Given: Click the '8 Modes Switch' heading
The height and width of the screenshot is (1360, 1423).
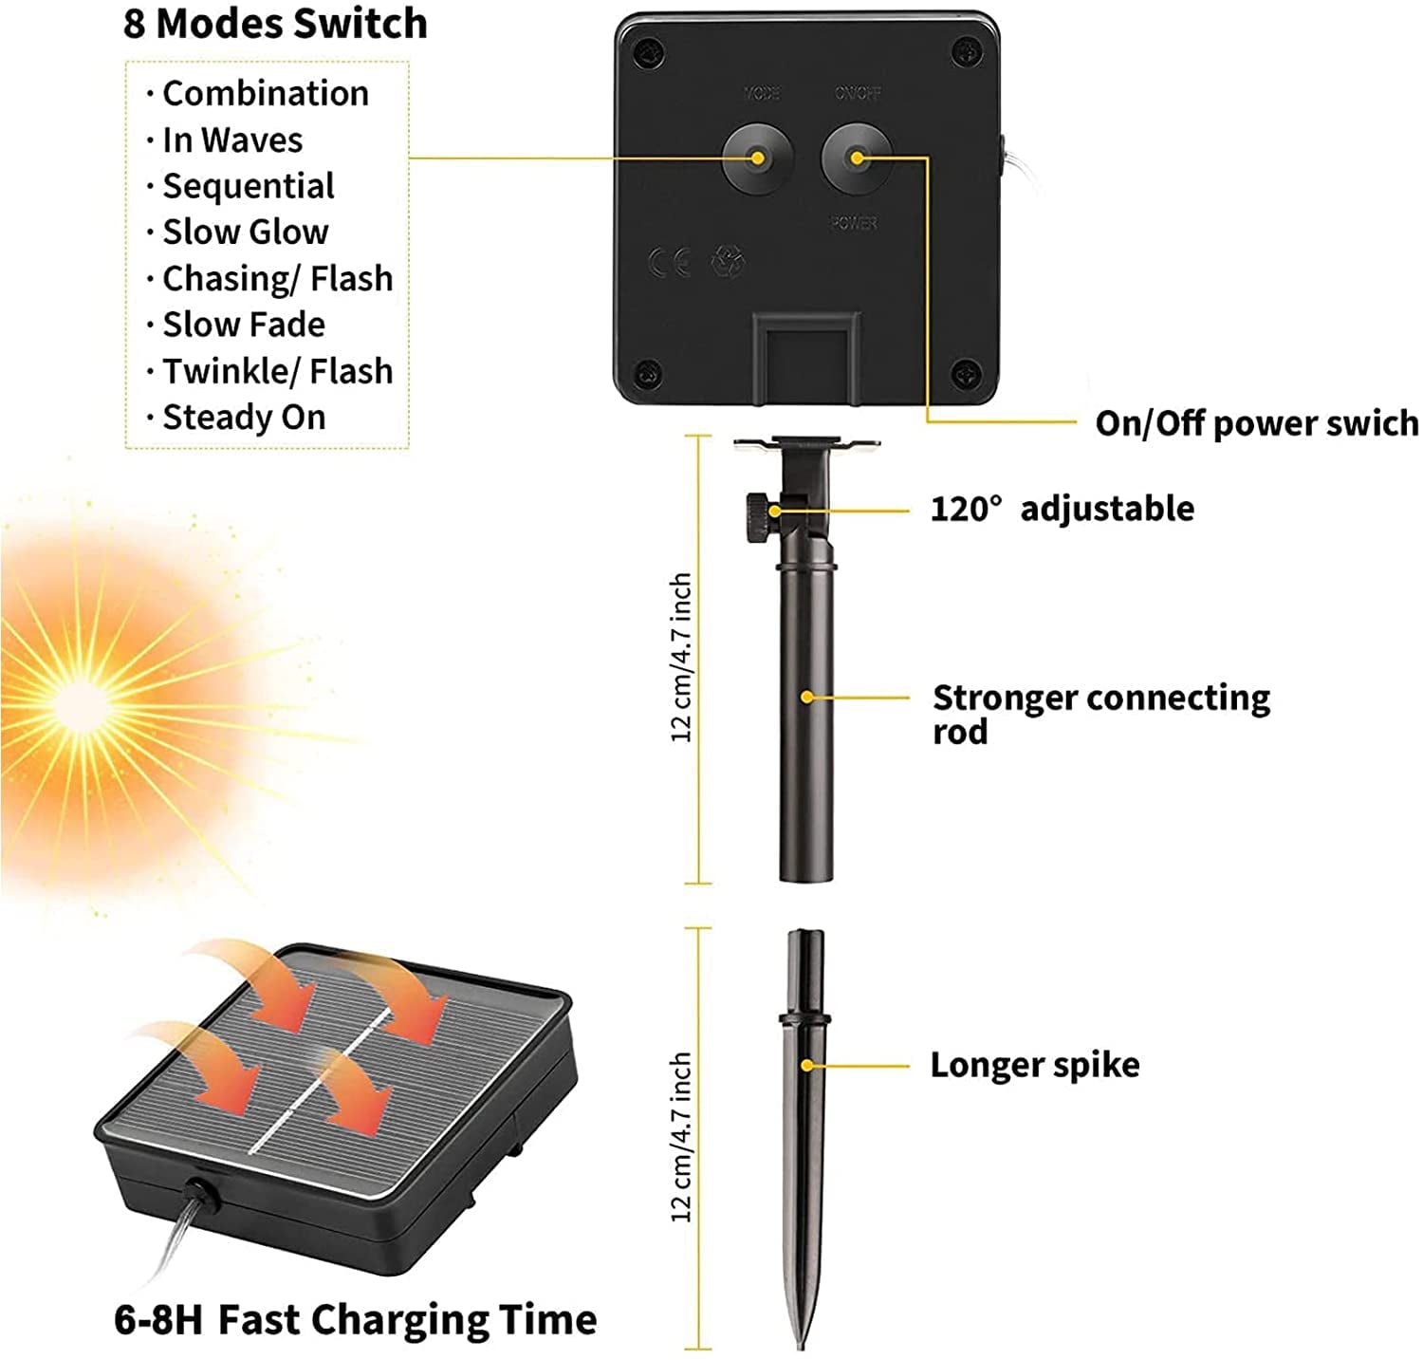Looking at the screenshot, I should point(275,24).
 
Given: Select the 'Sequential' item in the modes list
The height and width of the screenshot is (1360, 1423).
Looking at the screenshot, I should point(248,186).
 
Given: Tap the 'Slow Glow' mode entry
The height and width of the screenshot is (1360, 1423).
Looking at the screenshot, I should point(245,233).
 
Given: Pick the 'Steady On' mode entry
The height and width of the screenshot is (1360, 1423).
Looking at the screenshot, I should point(244,418).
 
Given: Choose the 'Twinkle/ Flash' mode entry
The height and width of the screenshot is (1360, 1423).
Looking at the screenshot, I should point(277,371).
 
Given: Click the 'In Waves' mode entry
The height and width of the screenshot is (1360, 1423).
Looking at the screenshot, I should point(231,140).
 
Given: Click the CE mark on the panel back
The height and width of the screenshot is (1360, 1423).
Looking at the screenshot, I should point(669,263).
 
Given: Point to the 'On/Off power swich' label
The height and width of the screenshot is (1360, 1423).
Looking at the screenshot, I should point(1256,423).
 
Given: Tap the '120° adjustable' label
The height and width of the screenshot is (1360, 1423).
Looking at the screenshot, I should point(1062,509).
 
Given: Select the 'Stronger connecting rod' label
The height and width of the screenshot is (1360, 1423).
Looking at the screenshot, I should point(1100,714).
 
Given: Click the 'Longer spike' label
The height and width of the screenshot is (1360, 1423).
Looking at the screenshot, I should point(1034,1065).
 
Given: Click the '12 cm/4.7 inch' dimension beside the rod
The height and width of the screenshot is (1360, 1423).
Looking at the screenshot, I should point(681,658).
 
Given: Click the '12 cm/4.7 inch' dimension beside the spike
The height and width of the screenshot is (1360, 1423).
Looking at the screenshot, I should point(681,1136).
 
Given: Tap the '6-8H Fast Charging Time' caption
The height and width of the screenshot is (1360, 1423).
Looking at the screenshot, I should point(356,1320).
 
